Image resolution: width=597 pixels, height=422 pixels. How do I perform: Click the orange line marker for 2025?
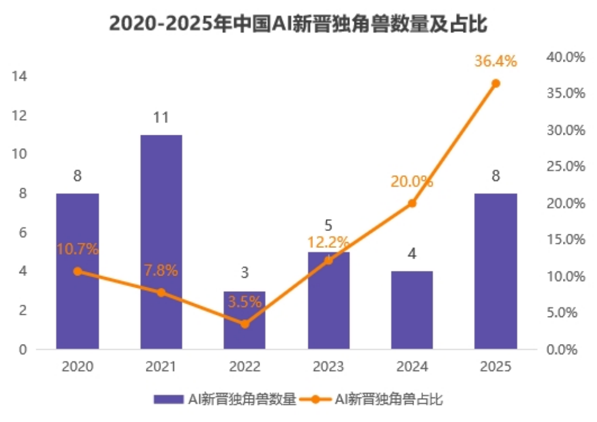[x=496, y=83]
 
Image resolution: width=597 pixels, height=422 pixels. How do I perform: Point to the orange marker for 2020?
[x=77, y=271]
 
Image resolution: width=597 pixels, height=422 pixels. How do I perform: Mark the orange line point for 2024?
[x=412, y=203]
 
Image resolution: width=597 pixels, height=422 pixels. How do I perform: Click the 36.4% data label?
[x=496, y=61]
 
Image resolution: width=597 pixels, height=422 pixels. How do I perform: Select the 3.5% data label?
[x=244, y=302]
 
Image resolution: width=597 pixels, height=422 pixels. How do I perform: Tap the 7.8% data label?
[x=161, y=271]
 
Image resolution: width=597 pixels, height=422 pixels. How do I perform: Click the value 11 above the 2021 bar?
[x=161, y=118]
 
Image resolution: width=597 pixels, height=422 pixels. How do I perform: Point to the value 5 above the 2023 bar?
[x=328, y=225]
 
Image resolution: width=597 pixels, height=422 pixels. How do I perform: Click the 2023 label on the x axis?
[x=328, y=367]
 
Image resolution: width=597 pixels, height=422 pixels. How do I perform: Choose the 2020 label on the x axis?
[x=77, y=367]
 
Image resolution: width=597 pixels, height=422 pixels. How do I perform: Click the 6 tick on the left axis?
[x=22, y=233]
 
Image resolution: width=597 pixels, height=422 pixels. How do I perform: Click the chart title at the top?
[x=299, y=25]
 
